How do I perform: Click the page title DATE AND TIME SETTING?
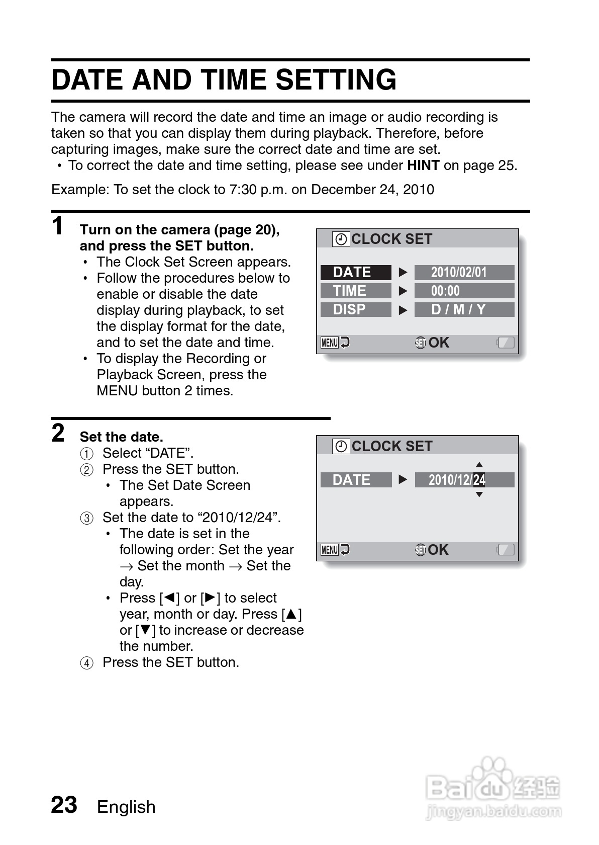[224, 80]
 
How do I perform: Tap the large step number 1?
[58, 226]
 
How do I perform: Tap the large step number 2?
[58, 433]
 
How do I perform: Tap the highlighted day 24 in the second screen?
[479, 480]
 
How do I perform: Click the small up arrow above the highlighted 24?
[479, 465]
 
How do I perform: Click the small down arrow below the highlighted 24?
[479, 495]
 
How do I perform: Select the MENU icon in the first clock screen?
[330, 343]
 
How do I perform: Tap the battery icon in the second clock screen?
[506, 550]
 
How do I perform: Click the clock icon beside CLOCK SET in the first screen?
[341, 239]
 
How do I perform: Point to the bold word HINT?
[423, 165]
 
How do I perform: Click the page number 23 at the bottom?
[64, 805]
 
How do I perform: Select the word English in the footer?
[126, 807]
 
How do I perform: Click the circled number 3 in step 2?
[87, 518]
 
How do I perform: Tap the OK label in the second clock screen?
[438, 550]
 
